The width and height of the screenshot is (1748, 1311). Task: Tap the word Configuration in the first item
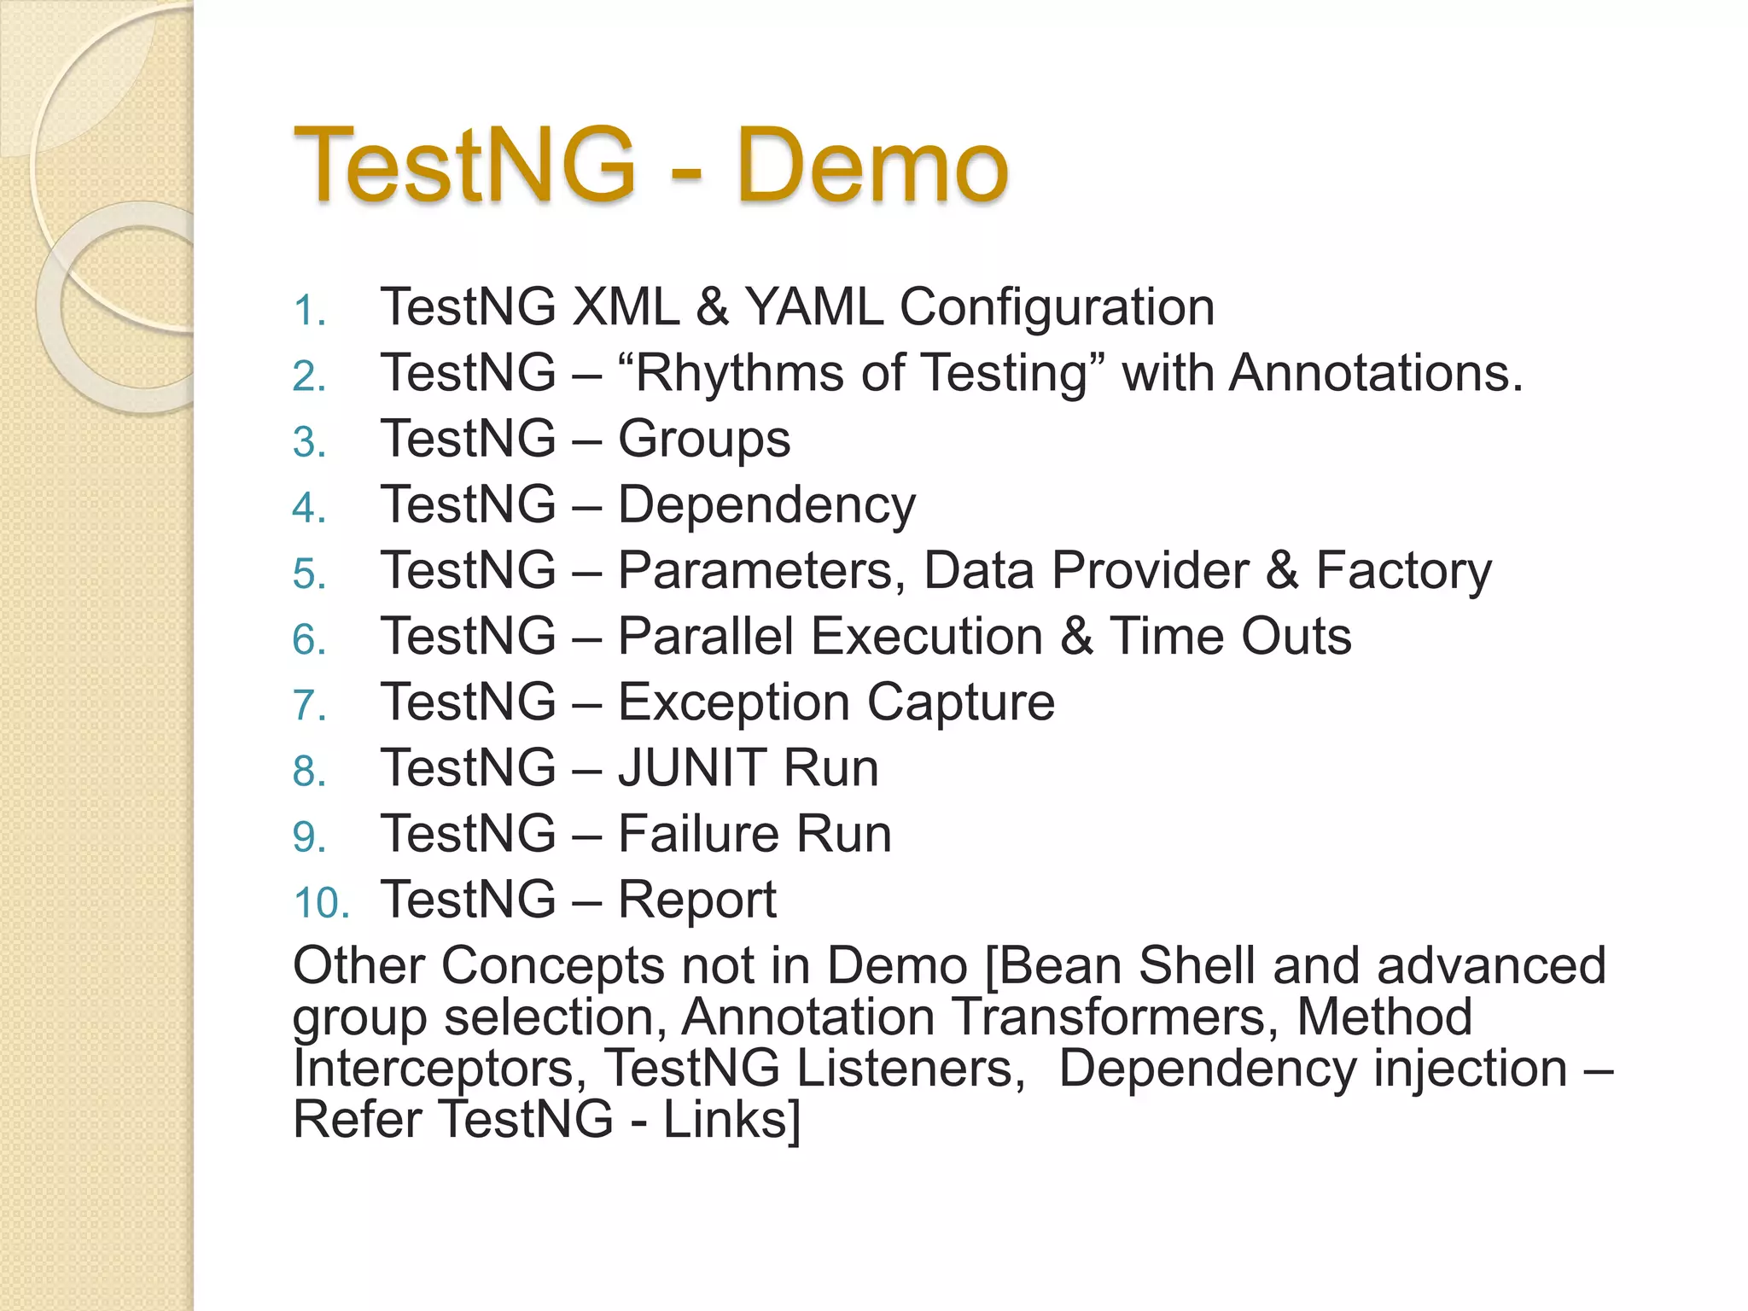pos(1057,308)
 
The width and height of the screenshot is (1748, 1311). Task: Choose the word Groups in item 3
pos(704,440)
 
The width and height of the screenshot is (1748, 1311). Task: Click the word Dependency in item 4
pos(766,505)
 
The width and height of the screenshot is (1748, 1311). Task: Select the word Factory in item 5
pos(1403,571)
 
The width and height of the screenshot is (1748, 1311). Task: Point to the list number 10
pos(321,903)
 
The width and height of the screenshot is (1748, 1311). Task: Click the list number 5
pos(309,574)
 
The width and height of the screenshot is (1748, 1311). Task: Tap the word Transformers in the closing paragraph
pos(1115,1017)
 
